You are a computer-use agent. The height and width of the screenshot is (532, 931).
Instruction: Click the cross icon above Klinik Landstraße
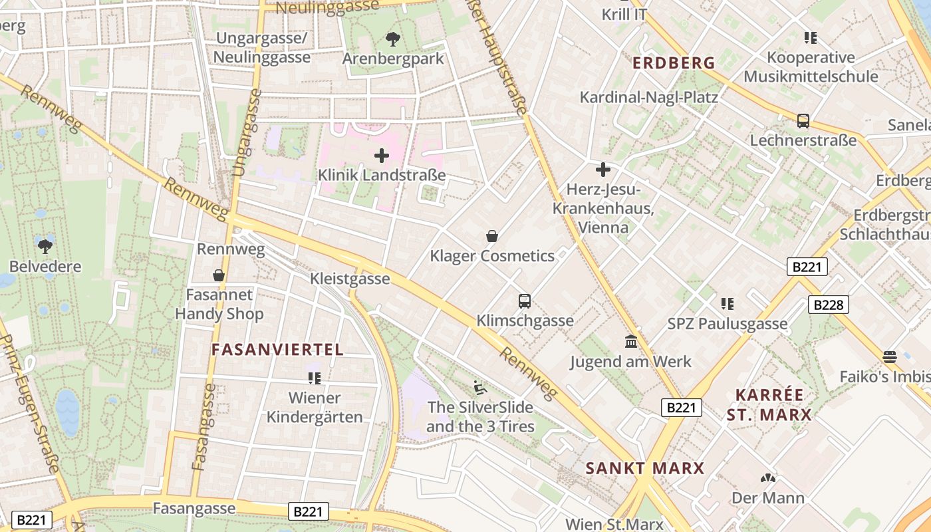point(382,156)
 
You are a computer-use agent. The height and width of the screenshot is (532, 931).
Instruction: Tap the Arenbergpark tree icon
point(393,39)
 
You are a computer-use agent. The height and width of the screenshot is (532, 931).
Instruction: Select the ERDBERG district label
point(674,64)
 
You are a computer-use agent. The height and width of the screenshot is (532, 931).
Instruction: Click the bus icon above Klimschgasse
point(525,301)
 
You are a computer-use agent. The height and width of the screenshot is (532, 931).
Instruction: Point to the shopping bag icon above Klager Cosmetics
point(492,236)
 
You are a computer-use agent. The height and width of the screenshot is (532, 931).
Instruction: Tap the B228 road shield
point(829,305)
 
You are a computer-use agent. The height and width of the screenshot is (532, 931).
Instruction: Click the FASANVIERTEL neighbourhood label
point(277,350)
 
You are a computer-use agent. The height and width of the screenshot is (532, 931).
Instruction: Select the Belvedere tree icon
point(45,247)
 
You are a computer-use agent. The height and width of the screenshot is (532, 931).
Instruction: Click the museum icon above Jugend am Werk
point(631,342)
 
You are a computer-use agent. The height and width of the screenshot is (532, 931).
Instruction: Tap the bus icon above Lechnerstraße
point(803,121)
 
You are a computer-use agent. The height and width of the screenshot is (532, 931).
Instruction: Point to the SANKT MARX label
point(644,468)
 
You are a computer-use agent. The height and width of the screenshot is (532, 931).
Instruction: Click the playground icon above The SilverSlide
point(479,387)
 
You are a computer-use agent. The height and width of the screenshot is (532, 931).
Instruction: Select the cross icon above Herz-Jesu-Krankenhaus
point(603,170)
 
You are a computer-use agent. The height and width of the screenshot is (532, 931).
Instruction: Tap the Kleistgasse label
point(350,279)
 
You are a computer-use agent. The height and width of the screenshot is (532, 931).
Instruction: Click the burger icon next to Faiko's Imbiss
point(890,356)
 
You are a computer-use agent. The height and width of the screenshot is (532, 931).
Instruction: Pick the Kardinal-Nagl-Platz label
point(648,98)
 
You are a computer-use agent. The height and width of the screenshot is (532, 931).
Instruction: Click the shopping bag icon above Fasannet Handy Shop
point(219,275)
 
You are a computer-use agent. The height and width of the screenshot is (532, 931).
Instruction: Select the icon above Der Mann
point(767,478)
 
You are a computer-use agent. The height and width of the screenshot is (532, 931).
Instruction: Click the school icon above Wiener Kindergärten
point(315,378)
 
